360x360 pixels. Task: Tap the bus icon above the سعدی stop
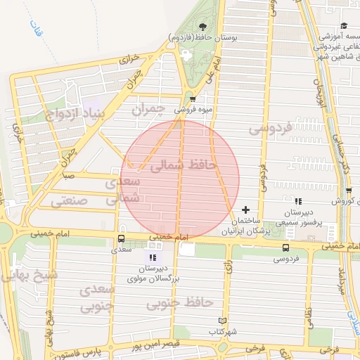(122, 238)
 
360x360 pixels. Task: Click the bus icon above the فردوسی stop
(285, 247)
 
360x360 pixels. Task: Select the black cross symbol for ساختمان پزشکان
(245, 210)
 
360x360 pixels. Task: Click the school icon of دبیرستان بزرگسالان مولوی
(153, 257)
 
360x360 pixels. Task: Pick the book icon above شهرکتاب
(223, 321)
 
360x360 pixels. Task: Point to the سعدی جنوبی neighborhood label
(96, 298)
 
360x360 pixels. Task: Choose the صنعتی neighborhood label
(70, 201)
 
